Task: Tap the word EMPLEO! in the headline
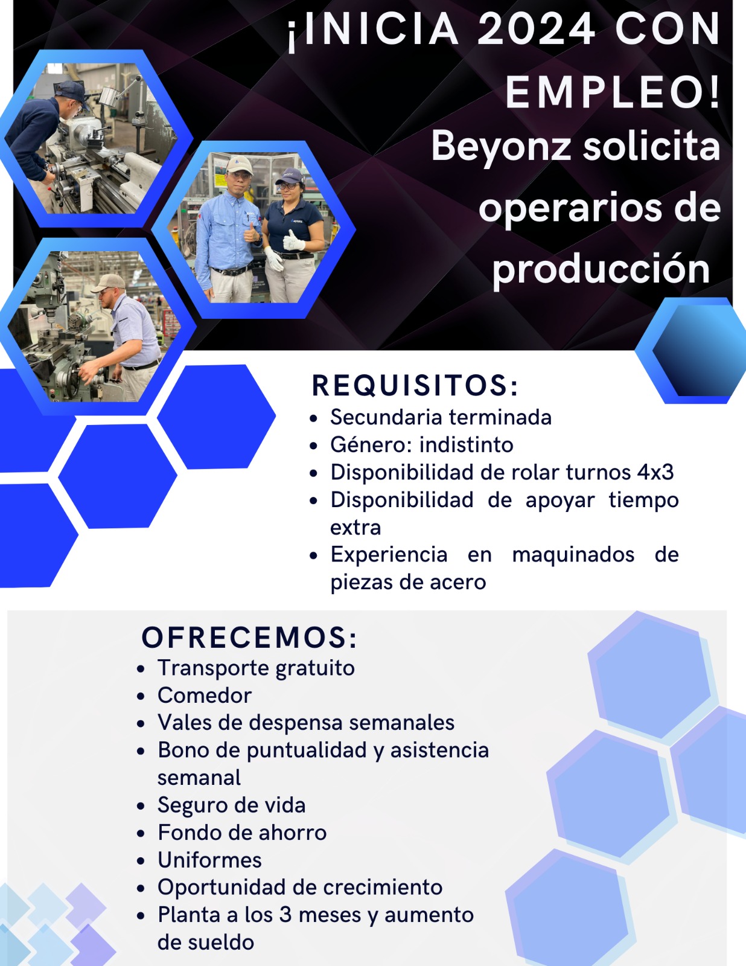coord(613,92)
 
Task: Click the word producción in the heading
coord(601,269)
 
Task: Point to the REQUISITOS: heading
coord(415,386)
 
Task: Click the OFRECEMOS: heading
coord(249,638)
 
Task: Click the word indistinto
coord(467,445)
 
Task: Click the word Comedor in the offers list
coord(205,696)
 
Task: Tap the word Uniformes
coord(209,860)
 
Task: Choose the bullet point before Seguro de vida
coord(141,806)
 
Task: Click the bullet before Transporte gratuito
coord(141,669)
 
